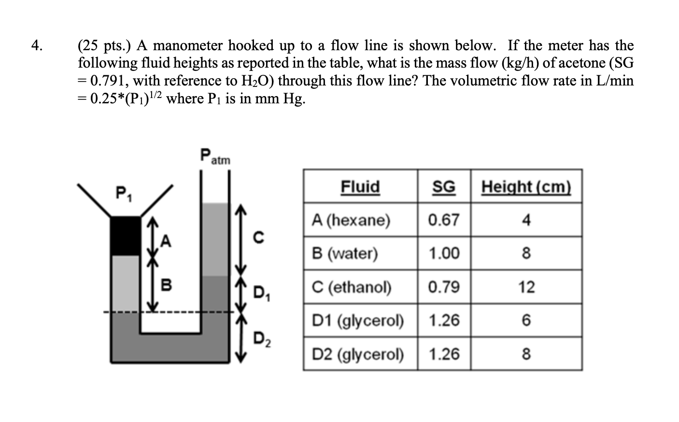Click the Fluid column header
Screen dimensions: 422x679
pyautogui.click(x=360, y=186)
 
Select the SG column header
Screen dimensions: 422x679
pyautogui.click(x=443, y=186)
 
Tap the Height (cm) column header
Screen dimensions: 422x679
pyautogui.click(x=526, y=186)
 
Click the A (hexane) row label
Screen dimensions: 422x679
pyautogui.click(x=351, y=220)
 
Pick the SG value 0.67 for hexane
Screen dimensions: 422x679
pyautogui.click(x=443, y=220)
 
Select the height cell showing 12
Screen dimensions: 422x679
pyautogui.click(x=526, y=287)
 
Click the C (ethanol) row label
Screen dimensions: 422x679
pyautogui.click(x=352, y=287)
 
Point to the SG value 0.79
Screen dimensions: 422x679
pyautogui.click(x=443, y=287)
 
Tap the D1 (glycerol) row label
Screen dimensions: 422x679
pyautogui.click(x=358, y=321)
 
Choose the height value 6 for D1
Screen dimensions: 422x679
pyautogui.click(x=526, y=321)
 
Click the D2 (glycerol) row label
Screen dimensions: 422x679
pyautogui.click(x=358, y=354)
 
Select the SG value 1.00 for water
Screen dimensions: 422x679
pyautogui.click(x=443, y=253)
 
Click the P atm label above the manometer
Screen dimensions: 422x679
pyautogui.click(x=214, y=157)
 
